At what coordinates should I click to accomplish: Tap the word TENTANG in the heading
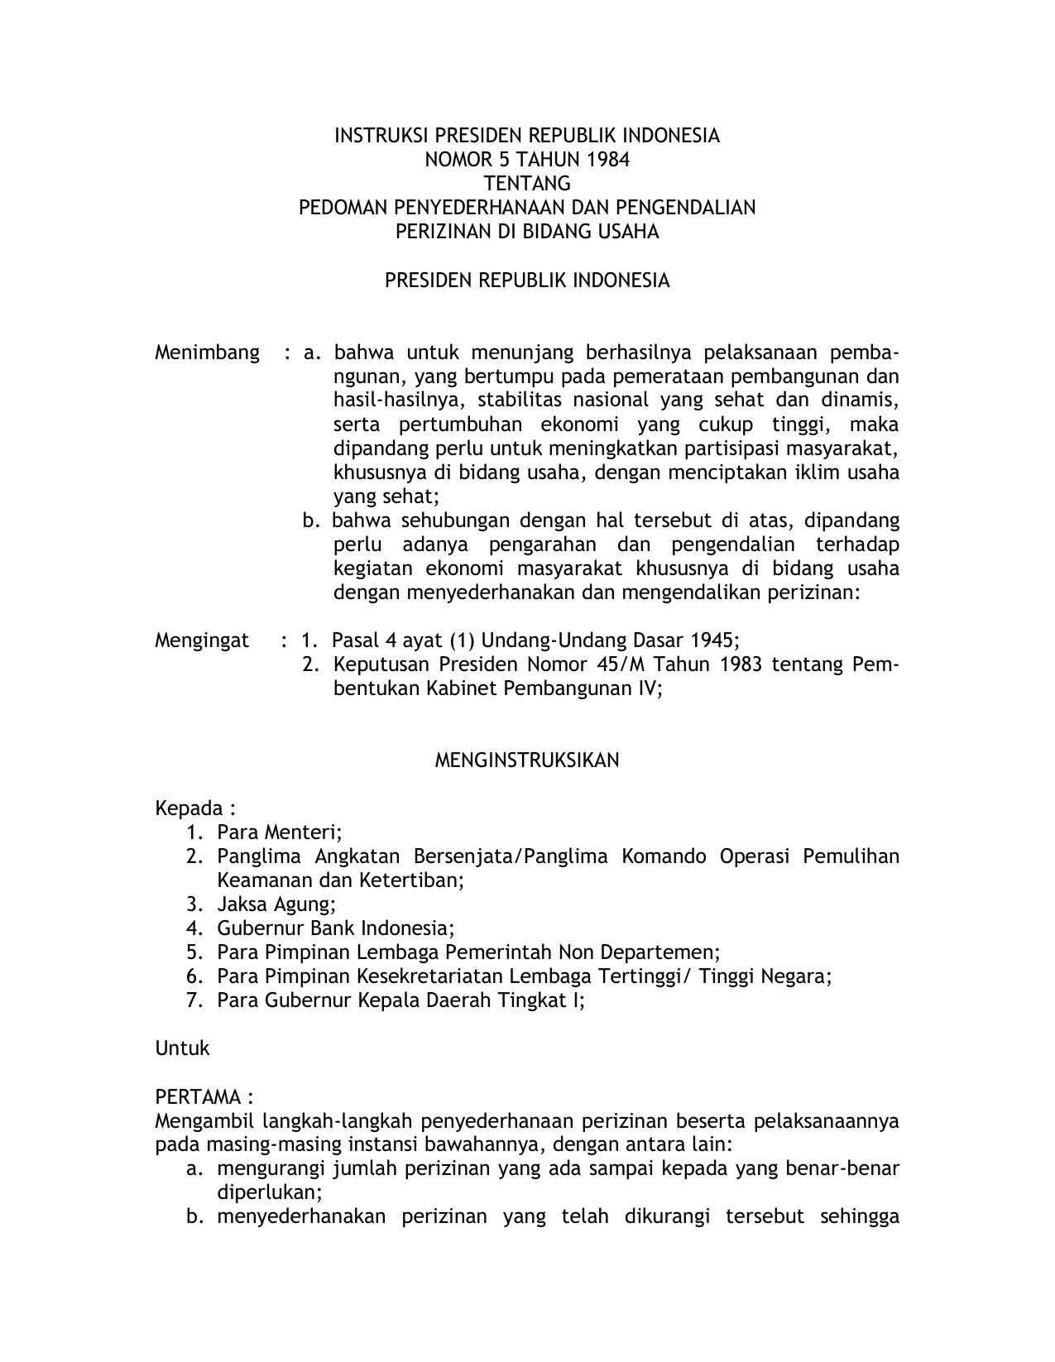527,184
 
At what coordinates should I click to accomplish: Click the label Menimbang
207,353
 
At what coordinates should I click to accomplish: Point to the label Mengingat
202,640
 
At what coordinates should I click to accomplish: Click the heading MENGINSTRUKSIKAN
527,760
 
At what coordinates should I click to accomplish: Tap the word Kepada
189,808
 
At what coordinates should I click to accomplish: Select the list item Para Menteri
279,832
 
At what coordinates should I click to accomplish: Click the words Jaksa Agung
276,904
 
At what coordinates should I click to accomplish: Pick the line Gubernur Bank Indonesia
335,928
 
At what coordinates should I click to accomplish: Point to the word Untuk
182,1048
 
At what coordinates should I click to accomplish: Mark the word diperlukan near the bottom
267,1193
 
